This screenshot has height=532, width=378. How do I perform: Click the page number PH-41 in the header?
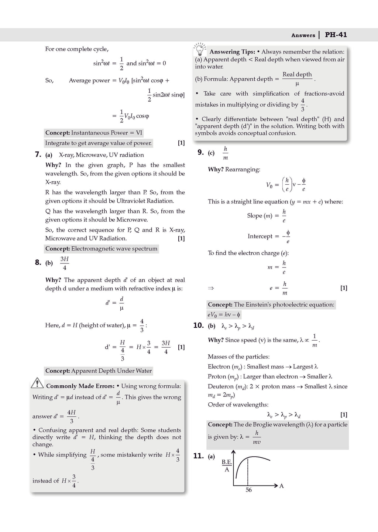click(x=336, y=35)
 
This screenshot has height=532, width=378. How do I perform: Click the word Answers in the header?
click(x=303, y=35)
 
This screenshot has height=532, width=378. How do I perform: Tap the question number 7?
click(x=38, y=154)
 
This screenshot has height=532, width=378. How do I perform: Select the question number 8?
click(x=38, y=263)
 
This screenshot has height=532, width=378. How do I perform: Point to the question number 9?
click(x=200, y=152)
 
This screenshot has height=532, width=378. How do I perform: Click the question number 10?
click(x=198, y=325)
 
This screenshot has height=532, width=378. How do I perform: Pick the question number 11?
click(x=198, y=456)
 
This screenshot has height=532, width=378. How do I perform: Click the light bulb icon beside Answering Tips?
click(x=200, y=49)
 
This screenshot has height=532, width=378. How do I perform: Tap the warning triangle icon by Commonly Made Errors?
click(x=37, y=383)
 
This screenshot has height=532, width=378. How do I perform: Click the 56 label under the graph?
click(x=249, y=490)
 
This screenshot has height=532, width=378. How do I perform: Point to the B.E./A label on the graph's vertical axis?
click(x=227, y=466)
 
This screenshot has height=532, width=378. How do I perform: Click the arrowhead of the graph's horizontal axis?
click(x=275, y=485)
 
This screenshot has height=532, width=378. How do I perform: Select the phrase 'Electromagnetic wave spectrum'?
click(x=114, y=249)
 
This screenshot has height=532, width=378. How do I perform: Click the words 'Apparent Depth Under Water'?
click(x=111, y=371)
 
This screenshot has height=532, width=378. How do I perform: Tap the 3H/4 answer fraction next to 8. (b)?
click(x=65, y=263)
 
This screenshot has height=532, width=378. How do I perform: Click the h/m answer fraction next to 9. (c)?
click(x=225, y=153)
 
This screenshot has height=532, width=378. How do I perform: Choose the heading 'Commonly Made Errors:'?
click(x=80, y=386)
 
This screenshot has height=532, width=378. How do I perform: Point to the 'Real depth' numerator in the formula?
click(x=297, y=74)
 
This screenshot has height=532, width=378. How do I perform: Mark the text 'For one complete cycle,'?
click(x=77, y=49)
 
